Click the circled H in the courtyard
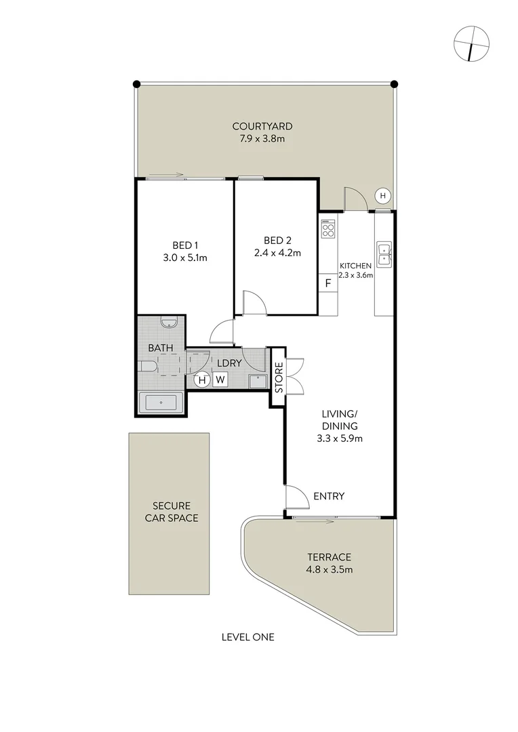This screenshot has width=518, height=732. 382,196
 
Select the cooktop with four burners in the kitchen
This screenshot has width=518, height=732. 328,228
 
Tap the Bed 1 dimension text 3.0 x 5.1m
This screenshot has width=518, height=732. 184,258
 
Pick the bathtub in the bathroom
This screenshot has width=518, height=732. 161,403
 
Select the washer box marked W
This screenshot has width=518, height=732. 220,380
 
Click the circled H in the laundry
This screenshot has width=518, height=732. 201,380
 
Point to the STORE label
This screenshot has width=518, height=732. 278,378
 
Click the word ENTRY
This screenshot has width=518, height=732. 329,496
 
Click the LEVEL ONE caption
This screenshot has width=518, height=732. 247,637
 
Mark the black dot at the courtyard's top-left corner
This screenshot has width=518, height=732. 136,84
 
